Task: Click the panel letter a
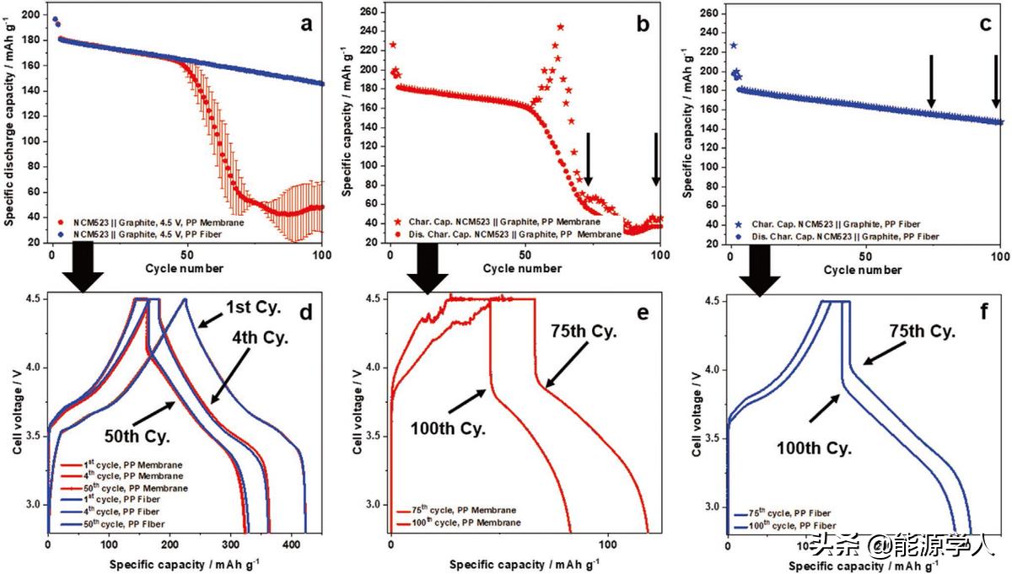[x=306, y=23]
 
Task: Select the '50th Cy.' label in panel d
[x=137, y=437]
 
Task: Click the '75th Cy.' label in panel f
[x=923, y=332]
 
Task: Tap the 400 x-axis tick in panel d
[x=292, y=545]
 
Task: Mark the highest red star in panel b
[x=560, y=27]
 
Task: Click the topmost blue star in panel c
[x=734, y=46]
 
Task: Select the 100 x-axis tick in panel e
[x=607, y=545]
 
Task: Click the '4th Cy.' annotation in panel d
[x=261, y=338]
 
